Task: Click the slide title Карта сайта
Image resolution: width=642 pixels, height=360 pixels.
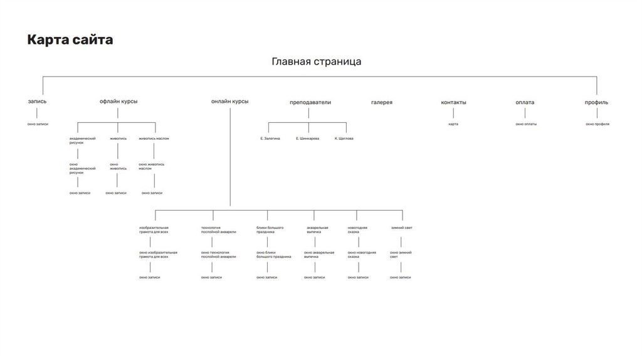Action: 70,40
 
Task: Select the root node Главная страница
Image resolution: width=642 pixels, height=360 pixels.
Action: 316,61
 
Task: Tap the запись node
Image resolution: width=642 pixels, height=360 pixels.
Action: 37,102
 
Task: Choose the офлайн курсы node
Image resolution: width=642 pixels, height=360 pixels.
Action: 118,102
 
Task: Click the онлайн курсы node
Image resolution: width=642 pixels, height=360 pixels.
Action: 229,102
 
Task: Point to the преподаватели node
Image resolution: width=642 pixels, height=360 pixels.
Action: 310,102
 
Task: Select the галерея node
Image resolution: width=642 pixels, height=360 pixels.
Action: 381,102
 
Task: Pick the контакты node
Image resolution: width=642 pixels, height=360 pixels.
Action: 453,102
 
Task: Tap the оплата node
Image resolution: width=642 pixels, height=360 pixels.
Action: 525,102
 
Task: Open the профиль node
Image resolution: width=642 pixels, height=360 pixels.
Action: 596,102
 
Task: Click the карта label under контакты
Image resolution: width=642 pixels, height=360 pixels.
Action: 453,124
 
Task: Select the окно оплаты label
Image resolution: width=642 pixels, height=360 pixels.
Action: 526,124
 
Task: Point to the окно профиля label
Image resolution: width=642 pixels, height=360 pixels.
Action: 597,124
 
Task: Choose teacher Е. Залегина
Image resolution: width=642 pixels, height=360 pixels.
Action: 270,138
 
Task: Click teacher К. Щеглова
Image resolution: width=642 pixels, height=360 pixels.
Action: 344,138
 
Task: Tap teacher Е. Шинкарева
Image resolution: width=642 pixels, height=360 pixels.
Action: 307,138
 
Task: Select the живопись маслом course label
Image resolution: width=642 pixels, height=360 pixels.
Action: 154,138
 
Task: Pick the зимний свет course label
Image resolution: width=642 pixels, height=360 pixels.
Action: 401,228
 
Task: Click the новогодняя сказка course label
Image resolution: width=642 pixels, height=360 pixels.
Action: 357,230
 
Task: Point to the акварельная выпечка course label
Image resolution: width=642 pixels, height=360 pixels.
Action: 317,230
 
